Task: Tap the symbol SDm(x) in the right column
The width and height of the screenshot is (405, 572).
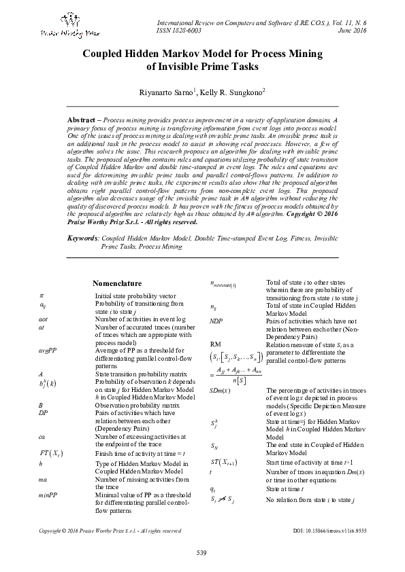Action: (220, 391)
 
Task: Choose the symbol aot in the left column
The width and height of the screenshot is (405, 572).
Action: (43, 319)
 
